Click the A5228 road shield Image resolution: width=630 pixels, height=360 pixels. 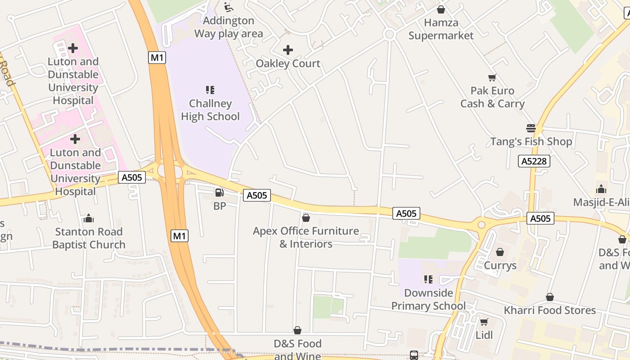pos(534,161)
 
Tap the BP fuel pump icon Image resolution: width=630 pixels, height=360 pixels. pos(219,193)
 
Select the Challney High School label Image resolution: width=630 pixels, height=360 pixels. pos(210,110)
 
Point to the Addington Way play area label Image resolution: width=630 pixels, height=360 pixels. pos(229,27)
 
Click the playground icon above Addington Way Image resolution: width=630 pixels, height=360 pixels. pos(229,7)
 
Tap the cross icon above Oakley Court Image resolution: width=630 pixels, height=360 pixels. pos(288,50)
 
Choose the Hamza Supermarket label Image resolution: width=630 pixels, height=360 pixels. pos(441,29)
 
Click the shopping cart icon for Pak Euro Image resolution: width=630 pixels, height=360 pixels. pos(492,78)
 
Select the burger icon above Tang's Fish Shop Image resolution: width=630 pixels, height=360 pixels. pos(531,128)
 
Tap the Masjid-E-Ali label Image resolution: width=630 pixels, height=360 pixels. pos(601,202)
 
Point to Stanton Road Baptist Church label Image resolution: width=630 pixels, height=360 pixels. pos(89,238)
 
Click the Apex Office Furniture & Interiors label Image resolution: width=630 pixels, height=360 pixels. pos(306,237)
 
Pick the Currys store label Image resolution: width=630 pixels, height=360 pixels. pos(500,265)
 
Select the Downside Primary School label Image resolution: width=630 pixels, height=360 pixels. pos(428,299)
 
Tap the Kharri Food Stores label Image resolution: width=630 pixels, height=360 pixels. pos(549,310)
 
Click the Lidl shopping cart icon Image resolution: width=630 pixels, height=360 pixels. pos(484,322)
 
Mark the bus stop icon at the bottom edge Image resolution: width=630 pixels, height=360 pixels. pos(414,355)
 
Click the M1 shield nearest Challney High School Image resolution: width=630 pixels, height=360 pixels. pos(157,58)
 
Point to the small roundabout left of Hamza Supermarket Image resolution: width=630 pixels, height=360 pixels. pos(389,35)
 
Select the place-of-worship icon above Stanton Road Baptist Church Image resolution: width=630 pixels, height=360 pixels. pos(88,219)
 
